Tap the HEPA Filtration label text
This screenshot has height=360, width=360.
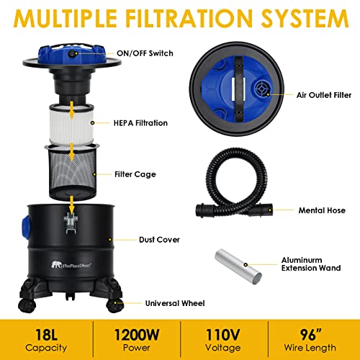[141, 123]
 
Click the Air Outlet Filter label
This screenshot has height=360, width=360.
[320, 94]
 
